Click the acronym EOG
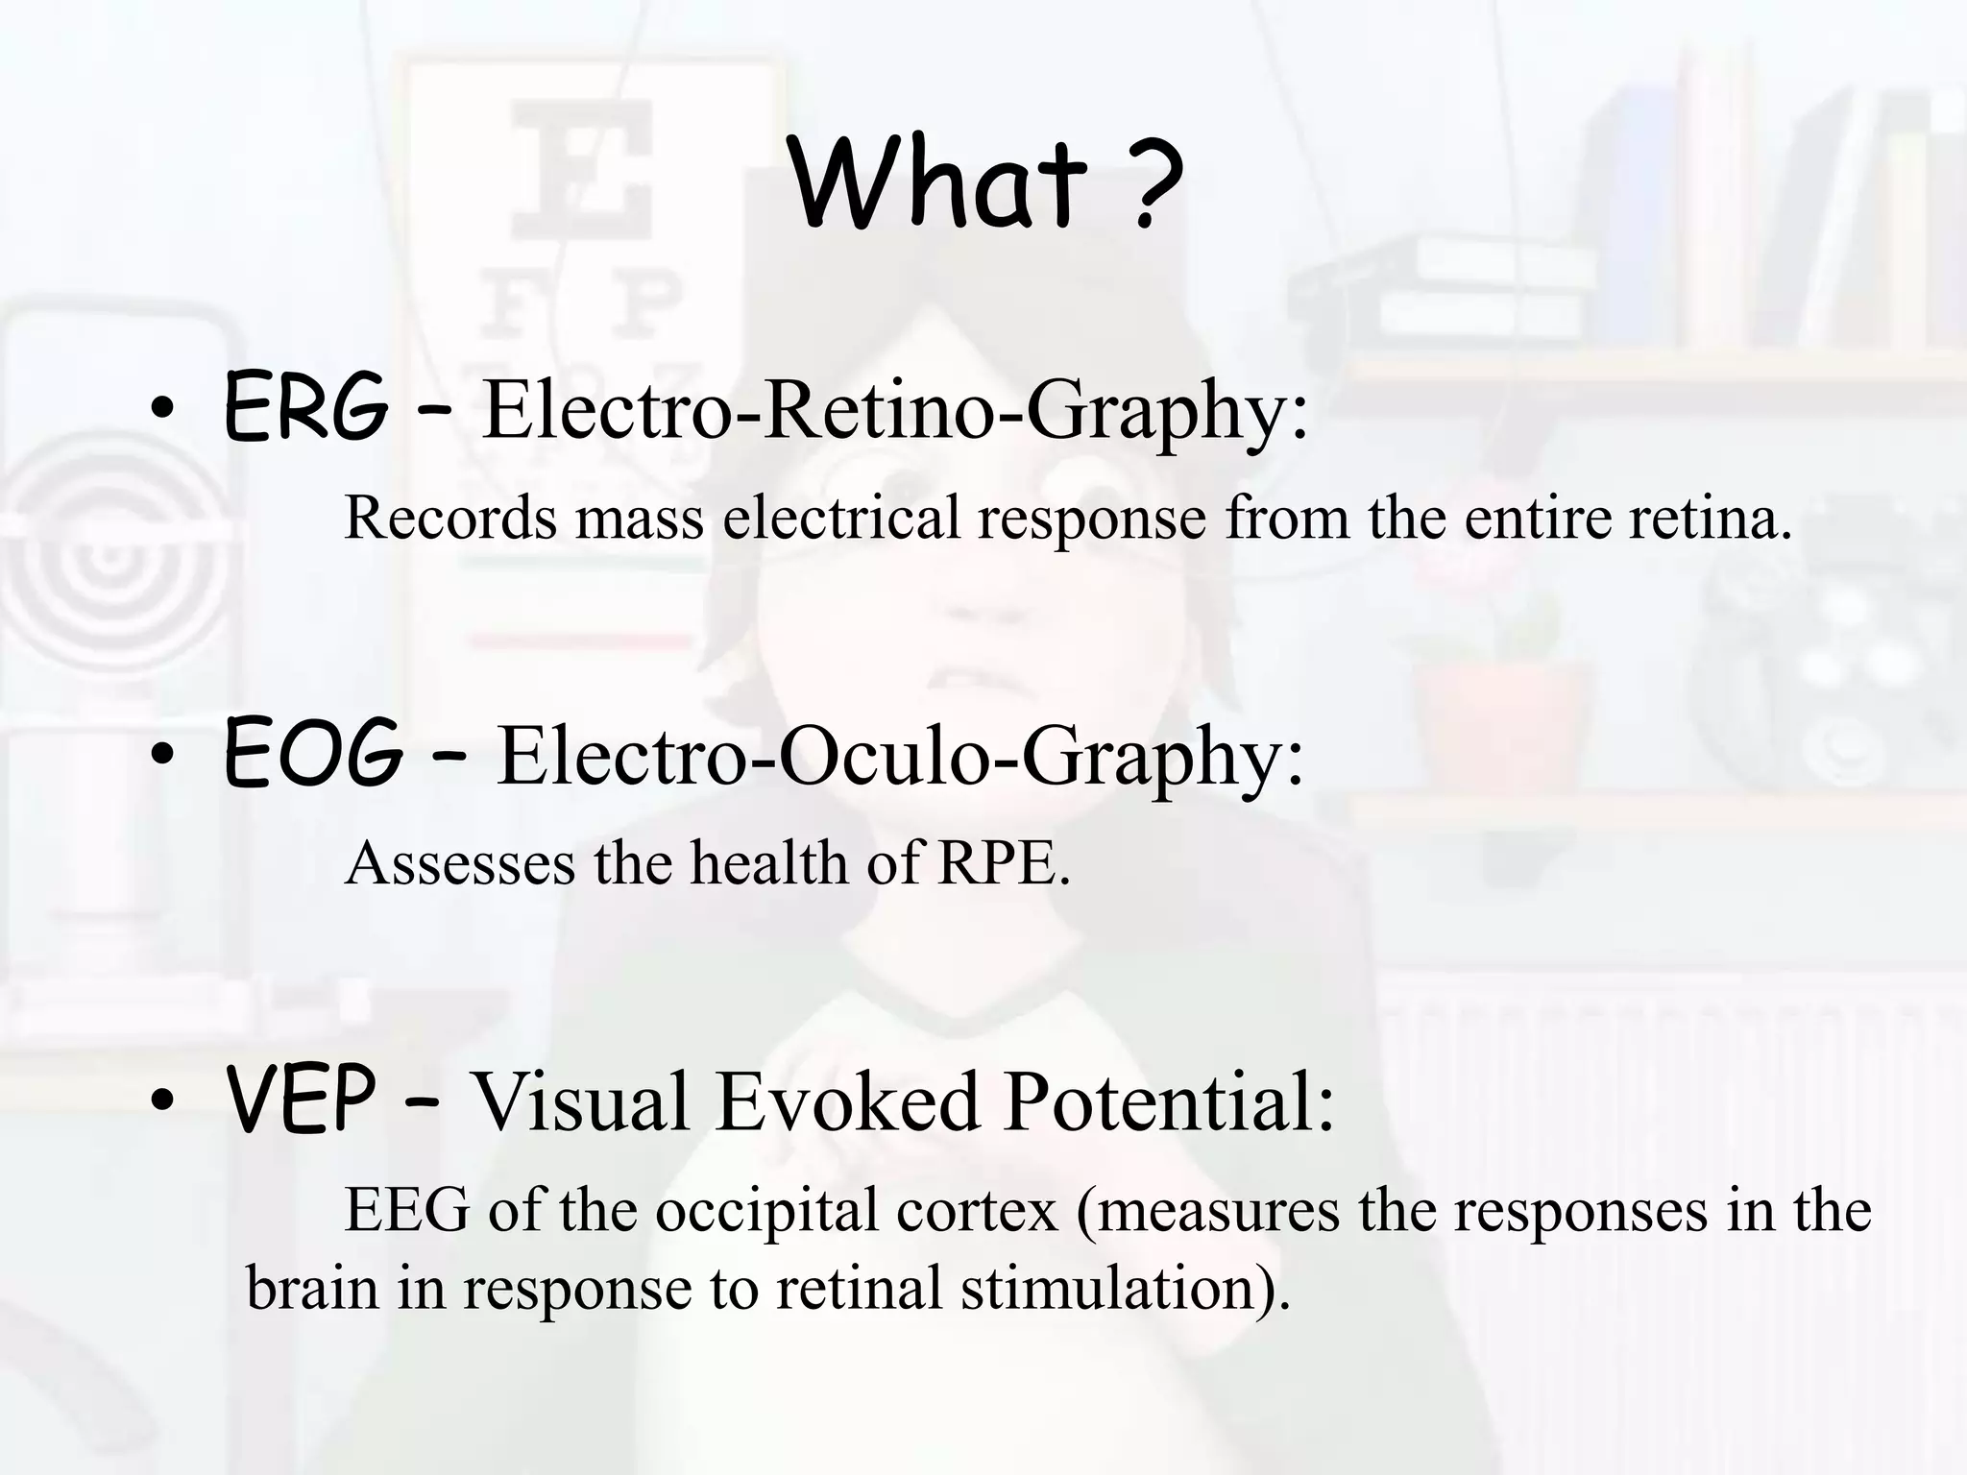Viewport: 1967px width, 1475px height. click(x=312, y=755)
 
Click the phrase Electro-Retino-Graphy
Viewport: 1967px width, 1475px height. click(x=893, y=410)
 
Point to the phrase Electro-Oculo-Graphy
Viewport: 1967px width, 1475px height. click(x=899, y=757)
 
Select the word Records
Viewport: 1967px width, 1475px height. click(x=450, y=518)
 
